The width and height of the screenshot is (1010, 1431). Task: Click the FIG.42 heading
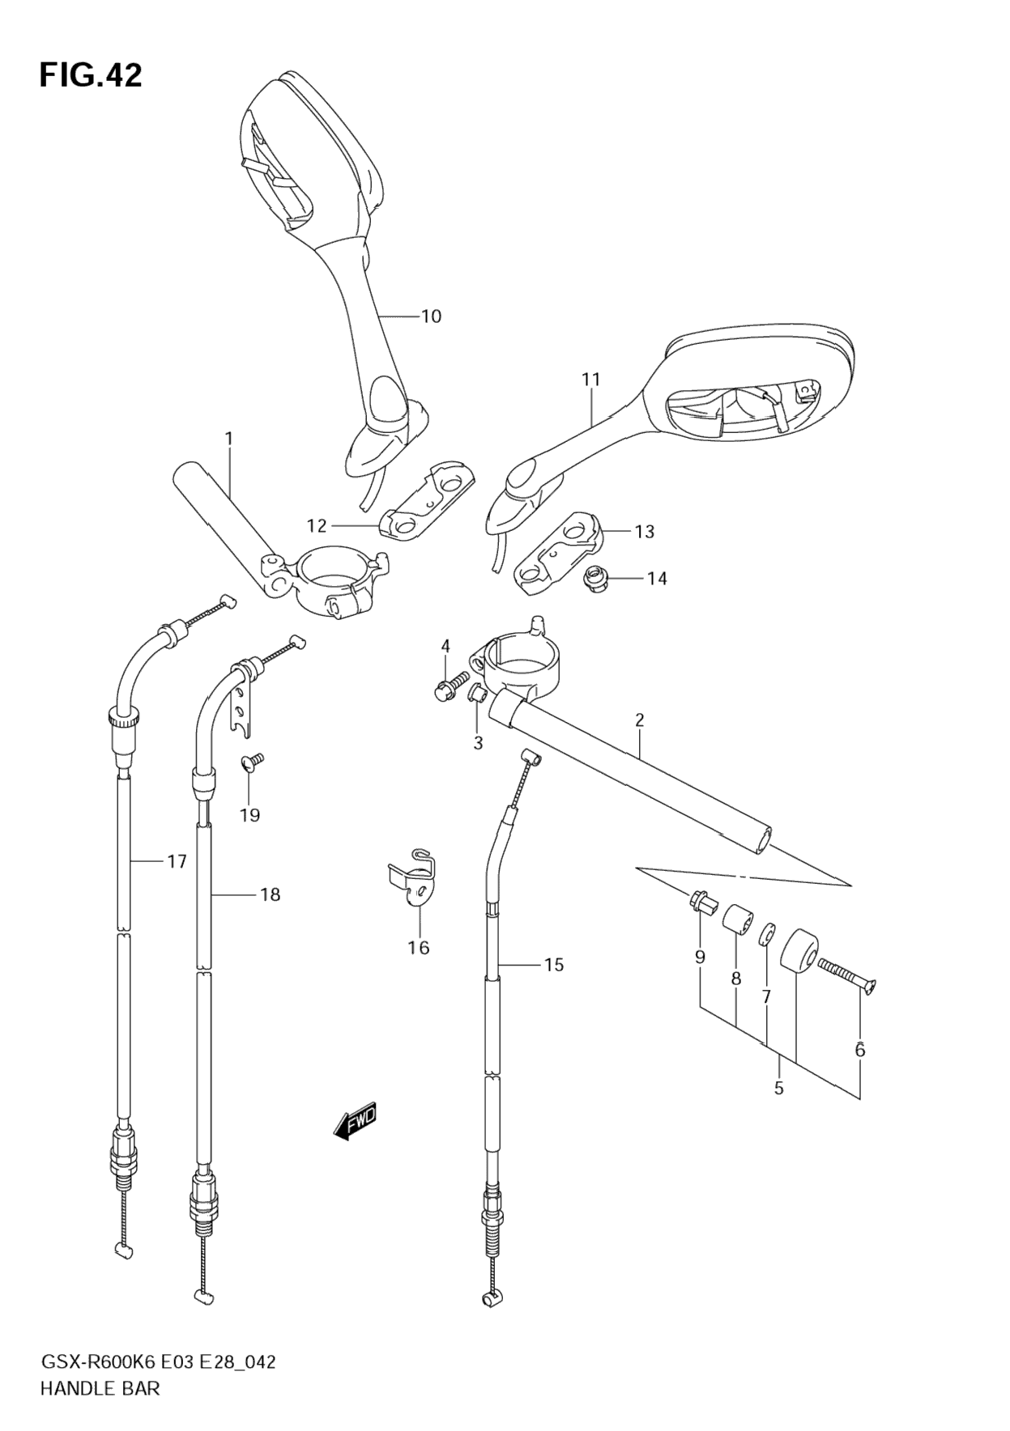[91, 75]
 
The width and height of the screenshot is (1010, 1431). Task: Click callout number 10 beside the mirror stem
[431, 316]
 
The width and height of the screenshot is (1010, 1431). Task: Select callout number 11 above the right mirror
[590, 379]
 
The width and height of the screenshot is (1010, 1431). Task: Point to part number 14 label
[657, 578]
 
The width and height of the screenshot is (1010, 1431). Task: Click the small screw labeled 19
[252, 762]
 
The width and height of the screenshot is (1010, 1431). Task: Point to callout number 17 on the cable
[177, 861]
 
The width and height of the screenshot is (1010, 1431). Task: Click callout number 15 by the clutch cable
[554, 964]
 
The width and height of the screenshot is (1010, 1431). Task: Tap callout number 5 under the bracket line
[778, 1088]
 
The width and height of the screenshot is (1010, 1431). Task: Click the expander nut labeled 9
[701, 902]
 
